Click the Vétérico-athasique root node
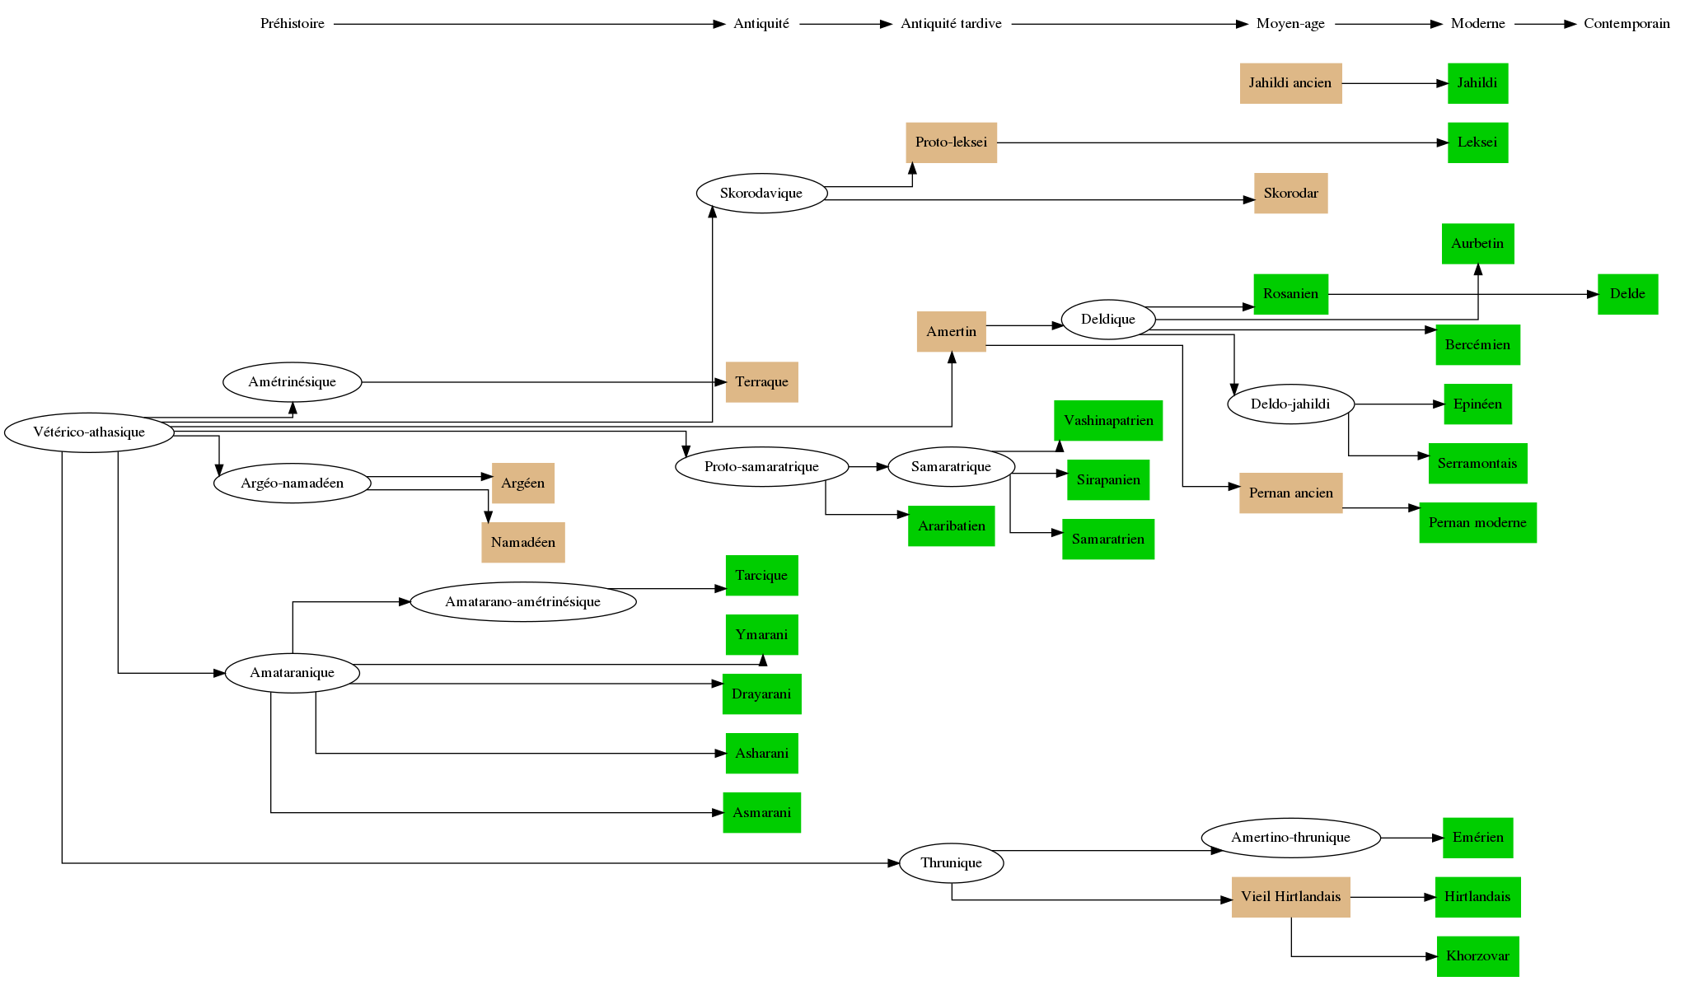pyautogui.click(x=89, y=432)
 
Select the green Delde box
pyautogui.click(x=1627, y=294)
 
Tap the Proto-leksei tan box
pyautogui.click(x=951, y=142)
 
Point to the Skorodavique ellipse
pyautogui.click(x=761, y=194)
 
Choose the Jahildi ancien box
pyautogui.click(x=1290, y=83)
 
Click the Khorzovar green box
pyautogui.click(x=1477, y=956)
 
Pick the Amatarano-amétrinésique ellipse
pyautogui.click(x=522, y=602)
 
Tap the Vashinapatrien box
pyautogui.click(x=1108, y=421)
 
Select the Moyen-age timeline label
pyautogui.click(x=1290, y=24)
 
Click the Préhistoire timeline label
pyautogui.click(x=293, y=24)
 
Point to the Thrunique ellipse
pyautogui.click(x=951, y=863)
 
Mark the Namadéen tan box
pyautogui.click(x=522, y=543)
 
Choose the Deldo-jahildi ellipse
pyautogui.click(x=1290, y=404)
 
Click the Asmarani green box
pyautogui.click(x=761, y=813)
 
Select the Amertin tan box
pyautogui.click(x=951, y=332)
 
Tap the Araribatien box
pyautogui.click(x=951, y=526)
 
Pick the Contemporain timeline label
pyautogui.click(x=1626, y=24)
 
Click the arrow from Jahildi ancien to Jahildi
pyautogui.click(x=1394, y=83)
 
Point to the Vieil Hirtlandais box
pyautogui.click(x=1290, y=897)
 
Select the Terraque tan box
pyautogui.click(x=761, y=382)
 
